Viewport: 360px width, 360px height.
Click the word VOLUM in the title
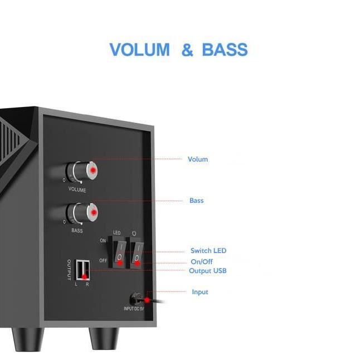(x=139, y=50)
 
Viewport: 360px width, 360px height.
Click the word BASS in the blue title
(x=225, y=50)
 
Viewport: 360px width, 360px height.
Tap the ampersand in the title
(x=187, y=50)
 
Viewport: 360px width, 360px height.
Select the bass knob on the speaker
(x=84, y=212)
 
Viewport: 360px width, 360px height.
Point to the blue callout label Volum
(x=197, y=159)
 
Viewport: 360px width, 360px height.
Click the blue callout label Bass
(x=196, y=201)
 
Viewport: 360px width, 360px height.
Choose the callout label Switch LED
(x=208, y=251)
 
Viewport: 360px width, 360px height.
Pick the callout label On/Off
(x=202, y=262)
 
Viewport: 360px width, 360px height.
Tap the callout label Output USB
(x=207, y=271)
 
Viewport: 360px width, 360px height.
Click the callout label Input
(x=200, y=292)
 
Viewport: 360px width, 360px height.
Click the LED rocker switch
(x=119, y=251)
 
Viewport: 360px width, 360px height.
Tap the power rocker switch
(x=137, y=251)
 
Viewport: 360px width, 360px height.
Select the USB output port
(x=83, y=269)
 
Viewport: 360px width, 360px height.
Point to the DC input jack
(x=138, y=298)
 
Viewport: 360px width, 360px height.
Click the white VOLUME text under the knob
(x=77, y=190)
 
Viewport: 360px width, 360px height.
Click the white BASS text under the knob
(x=77, y=231)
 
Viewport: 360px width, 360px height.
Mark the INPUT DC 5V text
(x=134, y=309)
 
